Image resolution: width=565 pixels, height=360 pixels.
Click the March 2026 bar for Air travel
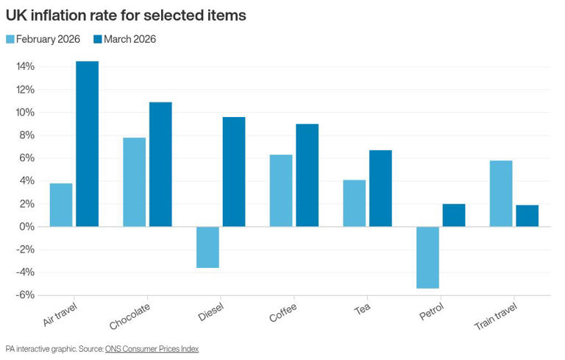pyautogui.click(x=87, y=144)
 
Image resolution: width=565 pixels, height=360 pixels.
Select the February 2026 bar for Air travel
pyautogui.click(x=61, y=205)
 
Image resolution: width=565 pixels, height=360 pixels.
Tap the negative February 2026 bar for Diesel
pyautogui.click(x=207, y=247)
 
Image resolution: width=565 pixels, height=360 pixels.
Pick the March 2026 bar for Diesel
pyautogui.click(x=234, y=172)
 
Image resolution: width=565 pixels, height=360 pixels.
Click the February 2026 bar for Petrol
pyautogui.click(x=427, y=257)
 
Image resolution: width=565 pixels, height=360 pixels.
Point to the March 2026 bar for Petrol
pyautogui.click(x=454, y=215)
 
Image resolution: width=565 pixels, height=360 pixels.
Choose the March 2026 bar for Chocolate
pyautogui.click(x=160, y=164)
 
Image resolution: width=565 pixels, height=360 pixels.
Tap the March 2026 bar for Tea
pyautogui.click(x=380, y=188)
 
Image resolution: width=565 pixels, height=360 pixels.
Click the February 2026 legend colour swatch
pyautogui.click(x=10, y=39)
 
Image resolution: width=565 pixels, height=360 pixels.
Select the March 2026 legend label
pyautogui.click(x=130, y=39)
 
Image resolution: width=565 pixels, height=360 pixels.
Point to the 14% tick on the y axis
pyautogui.click(x=24, y=67)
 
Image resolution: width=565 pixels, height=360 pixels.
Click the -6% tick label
pyautogui.click(x=24, y=295)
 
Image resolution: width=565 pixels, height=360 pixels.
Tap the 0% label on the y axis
pyautogui.click(x=26, y=227)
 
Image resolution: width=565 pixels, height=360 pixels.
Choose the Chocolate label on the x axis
pyautogui.click(x=131, y=316)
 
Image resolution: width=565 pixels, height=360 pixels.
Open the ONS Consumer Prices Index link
pyautogui.click(x=152, y=348)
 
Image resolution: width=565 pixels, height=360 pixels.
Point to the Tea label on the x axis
pyautogui.click(x=362, y=309)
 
